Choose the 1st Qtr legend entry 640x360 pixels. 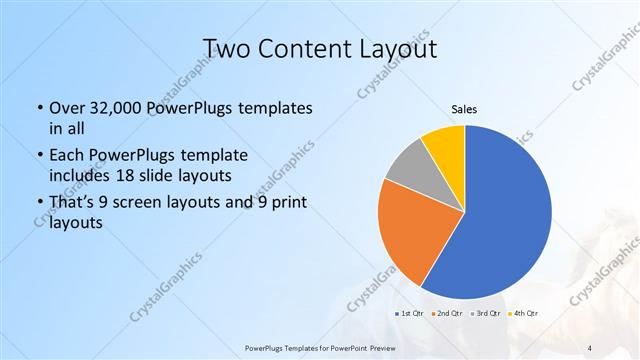tap(411, 314)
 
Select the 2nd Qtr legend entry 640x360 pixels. tap(446, 314)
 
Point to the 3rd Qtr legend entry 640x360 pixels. tap(482, 314)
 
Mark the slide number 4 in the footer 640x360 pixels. tap(590, 348)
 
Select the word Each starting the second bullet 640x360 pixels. tap(67, 155)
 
